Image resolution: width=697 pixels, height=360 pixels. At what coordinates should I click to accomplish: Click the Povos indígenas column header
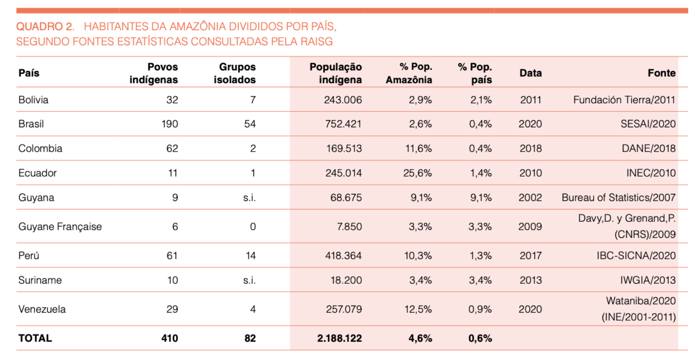(154, 73)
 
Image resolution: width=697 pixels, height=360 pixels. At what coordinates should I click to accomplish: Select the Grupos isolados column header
(235, 73)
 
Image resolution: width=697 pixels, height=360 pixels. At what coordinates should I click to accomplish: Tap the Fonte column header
(661, 73)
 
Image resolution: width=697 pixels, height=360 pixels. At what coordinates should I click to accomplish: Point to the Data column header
(531, 73)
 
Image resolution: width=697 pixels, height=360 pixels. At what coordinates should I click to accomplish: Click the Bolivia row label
(33, 100)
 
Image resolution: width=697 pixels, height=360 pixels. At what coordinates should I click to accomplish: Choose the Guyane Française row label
(60, 226)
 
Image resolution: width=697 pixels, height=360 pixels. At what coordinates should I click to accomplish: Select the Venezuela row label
(42, 309)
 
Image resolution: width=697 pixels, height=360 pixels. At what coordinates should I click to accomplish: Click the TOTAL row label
(35, 338)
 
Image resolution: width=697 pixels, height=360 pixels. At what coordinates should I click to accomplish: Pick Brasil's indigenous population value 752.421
(343, 124)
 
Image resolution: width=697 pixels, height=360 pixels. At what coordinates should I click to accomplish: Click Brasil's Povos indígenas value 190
(170, 124)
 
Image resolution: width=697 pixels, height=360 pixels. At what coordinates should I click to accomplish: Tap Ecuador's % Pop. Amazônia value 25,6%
(418, 173)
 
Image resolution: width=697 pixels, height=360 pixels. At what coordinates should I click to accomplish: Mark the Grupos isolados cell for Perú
(250, 255)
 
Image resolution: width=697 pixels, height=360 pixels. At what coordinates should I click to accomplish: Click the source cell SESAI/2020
(648, 124)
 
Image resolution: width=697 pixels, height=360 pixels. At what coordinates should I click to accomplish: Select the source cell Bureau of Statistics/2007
(619, 198)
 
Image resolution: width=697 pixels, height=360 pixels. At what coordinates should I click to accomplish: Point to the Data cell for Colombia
(531, 148)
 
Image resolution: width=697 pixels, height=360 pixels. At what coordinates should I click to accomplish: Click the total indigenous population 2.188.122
(339, 338)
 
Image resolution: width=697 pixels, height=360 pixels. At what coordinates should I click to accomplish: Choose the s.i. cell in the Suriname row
(250, 280)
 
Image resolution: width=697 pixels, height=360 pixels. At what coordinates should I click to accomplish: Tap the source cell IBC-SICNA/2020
(636, 255)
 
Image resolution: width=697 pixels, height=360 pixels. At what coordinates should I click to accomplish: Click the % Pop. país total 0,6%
(480, 338)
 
